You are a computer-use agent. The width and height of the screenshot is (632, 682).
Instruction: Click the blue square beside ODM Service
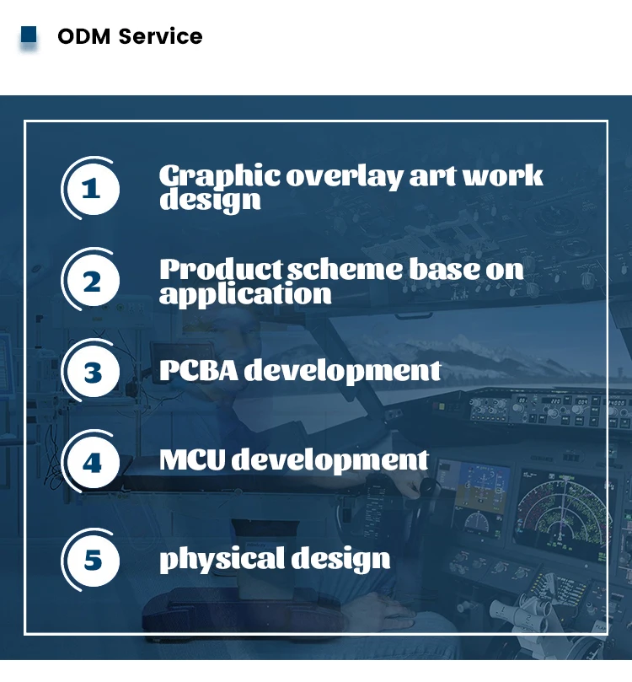(x=29, y=35)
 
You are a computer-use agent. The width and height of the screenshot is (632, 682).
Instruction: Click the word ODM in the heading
(x=84, y=36)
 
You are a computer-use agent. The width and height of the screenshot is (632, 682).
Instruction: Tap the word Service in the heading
(x=160, y=36)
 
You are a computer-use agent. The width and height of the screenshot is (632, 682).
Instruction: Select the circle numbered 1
(x=94, y=189)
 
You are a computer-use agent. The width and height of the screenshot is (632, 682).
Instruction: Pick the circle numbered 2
(x=94, y=281)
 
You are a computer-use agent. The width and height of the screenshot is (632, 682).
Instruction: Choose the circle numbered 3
(x=94, y=372)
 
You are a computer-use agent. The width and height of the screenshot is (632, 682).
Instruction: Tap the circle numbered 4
(x=94, y=462)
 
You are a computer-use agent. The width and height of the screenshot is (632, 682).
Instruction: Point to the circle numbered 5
(x=94, y=561)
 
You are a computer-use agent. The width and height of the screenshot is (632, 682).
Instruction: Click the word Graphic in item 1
(x=220, y=176)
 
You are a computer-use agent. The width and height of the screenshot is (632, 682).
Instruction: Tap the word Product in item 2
(x=222, y=269)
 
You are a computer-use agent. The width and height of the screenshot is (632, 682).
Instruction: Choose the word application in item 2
(x=245, y=294)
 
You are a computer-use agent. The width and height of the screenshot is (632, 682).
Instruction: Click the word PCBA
(x=199, y=371)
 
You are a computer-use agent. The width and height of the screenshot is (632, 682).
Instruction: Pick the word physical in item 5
(x=222, y=560)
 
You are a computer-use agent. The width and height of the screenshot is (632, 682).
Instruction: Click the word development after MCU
(x=330, y=460)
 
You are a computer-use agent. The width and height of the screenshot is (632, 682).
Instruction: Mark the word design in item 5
(x=340, y=560)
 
